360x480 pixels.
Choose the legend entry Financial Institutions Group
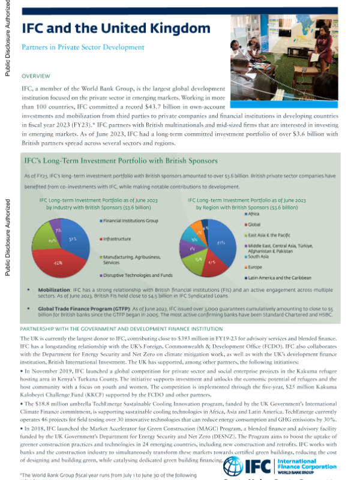[x=131, y=221]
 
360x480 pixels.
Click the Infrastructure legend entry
[x=117, y=239]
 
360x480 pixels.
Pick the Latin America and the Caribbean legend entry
[x=280, y=278]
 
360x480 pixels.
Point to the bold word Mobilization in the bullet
[x=56, y=289]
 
